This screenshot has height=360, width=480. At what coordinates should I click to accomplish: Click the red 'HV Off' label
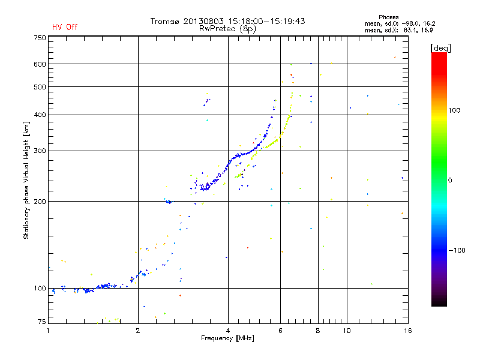pos(64,27)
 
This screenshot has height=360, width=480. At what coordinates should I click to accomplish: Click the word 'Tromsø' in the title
pos(165,21)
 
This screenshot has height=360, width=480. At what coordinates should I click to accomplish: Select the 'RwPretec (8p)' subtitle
pos(227,28)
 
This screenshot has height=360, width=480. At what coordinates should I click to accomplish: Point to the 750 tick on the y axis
pos(40,38)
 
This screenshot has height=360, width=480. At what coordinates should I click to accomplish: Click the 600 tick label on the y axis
pos(40,64)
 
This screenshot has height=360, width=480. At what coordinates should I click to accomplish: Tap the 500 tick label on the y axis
pos(40,87)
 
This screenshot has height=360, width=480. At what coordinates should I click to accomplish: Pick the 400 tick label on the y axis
pos(40,115)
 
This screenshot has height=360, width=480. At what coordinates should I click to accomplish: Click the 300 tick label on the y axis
pos(40,151)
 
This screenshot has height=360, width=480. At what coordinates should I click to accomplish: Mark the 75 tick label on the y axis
pos(41,322)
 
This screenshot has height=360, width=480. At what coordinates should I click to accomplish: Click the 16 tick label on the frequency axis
pos(407,331)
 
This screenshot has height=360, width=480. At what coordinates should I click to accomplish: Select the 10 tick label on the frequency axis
pos(347,331)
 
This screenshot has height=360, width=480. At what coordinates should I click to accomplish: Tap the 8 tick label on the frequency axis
pos(318,331)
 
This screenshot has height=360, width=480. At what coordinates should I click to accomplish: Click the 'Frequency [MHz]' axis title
pos(227,339)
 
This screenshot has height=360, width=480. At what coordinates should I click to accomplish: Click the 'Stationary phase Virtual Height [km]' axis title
pos(26,180)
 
